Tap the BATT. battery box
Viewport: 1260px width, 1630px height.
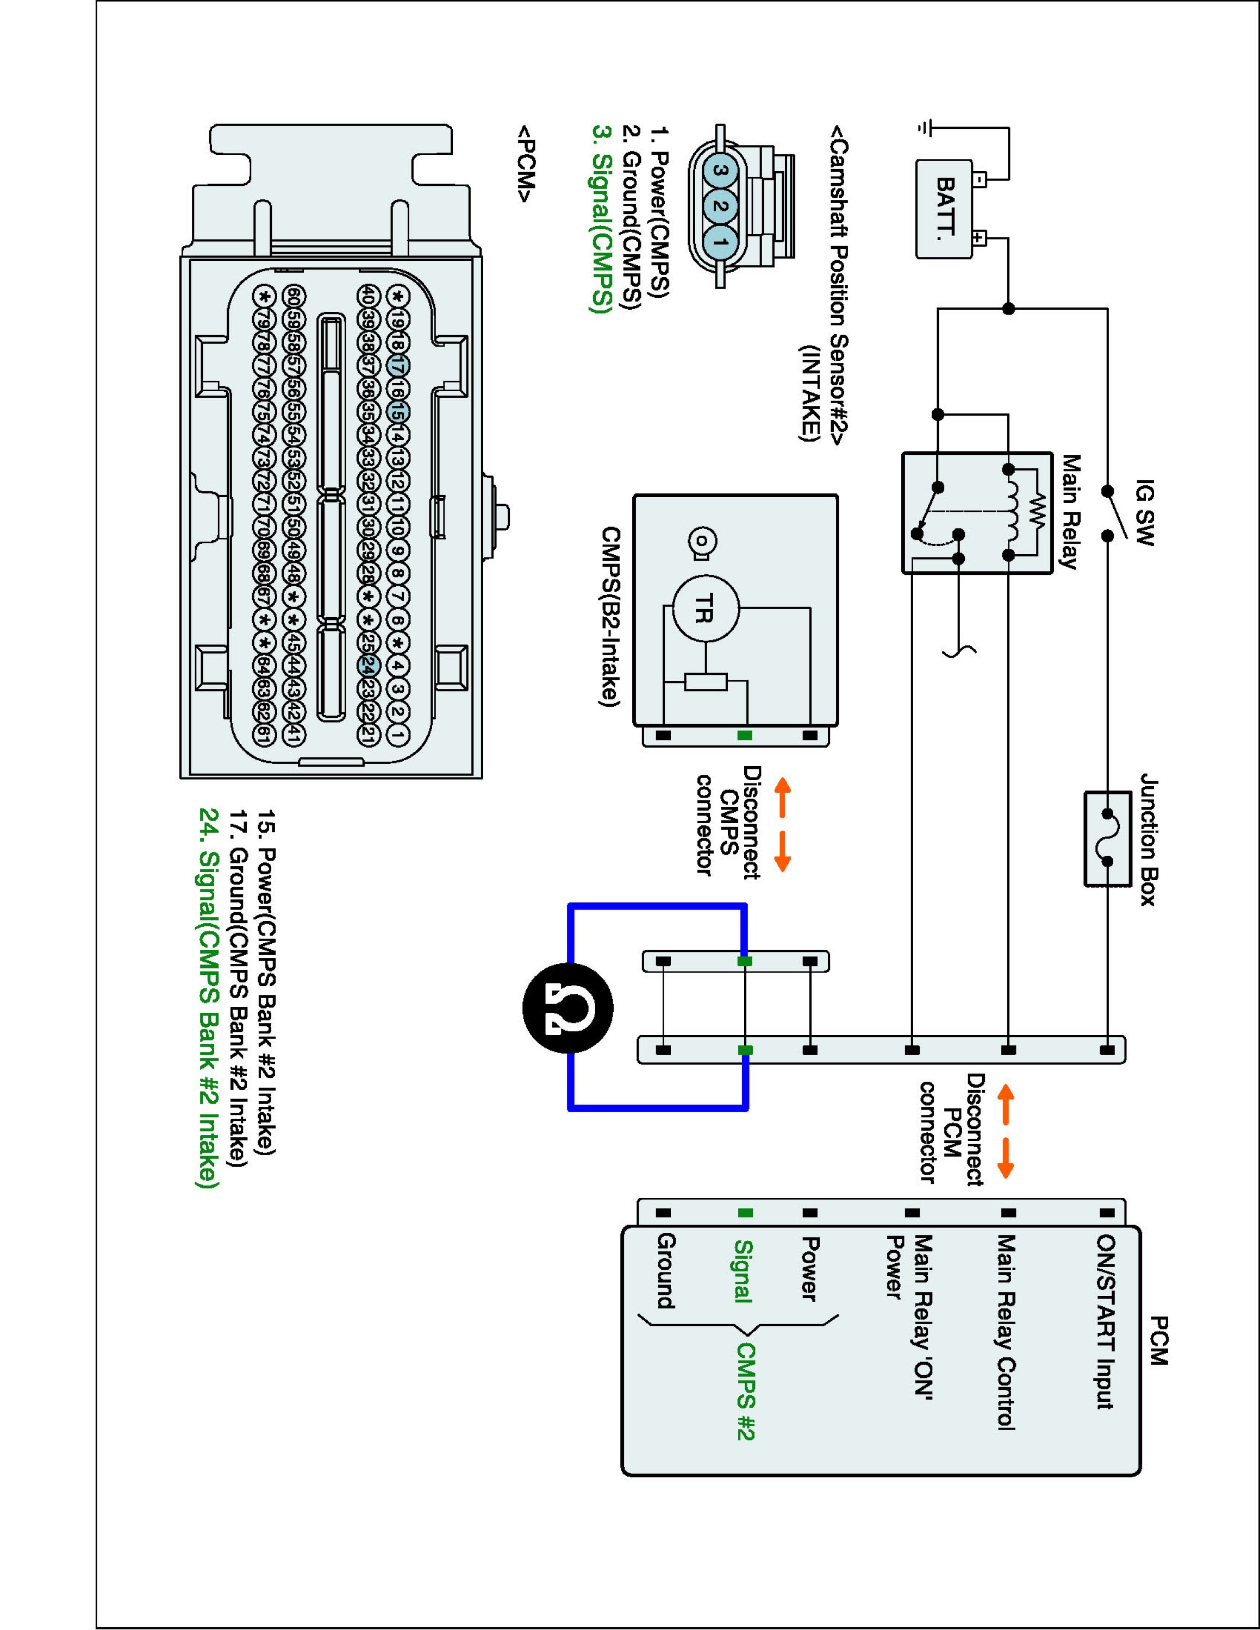click(944, 209)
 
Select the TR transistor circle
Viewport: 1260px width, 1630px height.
click(706, 609)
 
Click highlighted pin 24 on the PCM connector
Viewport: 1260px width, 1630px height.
click(367, 666)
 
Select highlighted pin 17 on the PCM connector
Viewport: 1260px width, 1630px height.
click(398, 366)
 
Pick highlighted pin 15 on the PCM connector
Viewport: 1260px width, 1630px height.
click(398, 412)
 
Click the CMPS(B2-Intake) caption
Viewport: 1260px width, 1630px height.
click(610, 616)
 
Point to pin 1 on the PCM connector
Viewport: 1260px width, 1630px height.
click(398, 735)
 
